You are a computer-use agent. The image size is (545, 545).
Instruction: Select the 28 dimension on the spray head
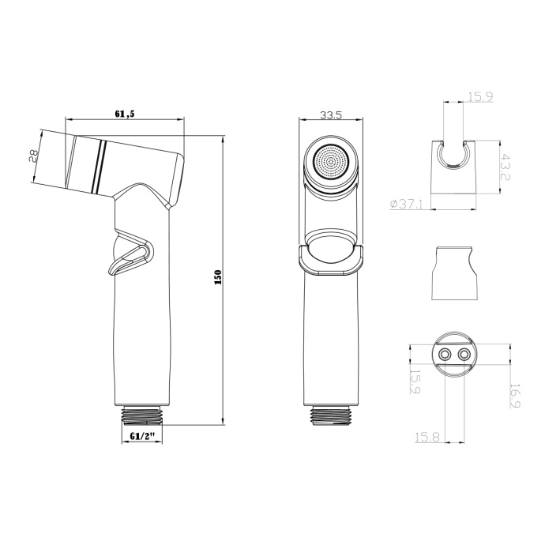[34, 156]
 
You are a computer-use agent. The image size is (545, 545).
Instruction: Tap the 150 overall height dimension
[219, 276]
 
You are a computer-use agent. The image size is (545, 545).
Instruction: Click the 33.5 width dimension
[331, 115]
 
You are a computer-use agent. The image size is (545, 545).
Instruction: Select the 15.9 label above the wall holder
[481, 97]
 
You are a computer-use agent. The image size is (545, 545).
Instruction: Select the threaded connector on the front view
[331, 412]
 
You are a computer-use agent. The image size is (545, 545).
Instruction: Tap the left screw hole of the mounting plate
[444, 355]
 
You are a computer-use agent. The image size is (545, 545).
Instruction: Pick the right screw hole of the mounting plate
[464, 355]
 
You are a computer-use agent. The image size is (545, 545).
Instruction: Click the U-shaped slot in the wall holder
[454, 156]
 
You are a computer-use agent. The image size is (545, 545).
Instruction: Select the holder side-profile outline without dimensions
[454, 273]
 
